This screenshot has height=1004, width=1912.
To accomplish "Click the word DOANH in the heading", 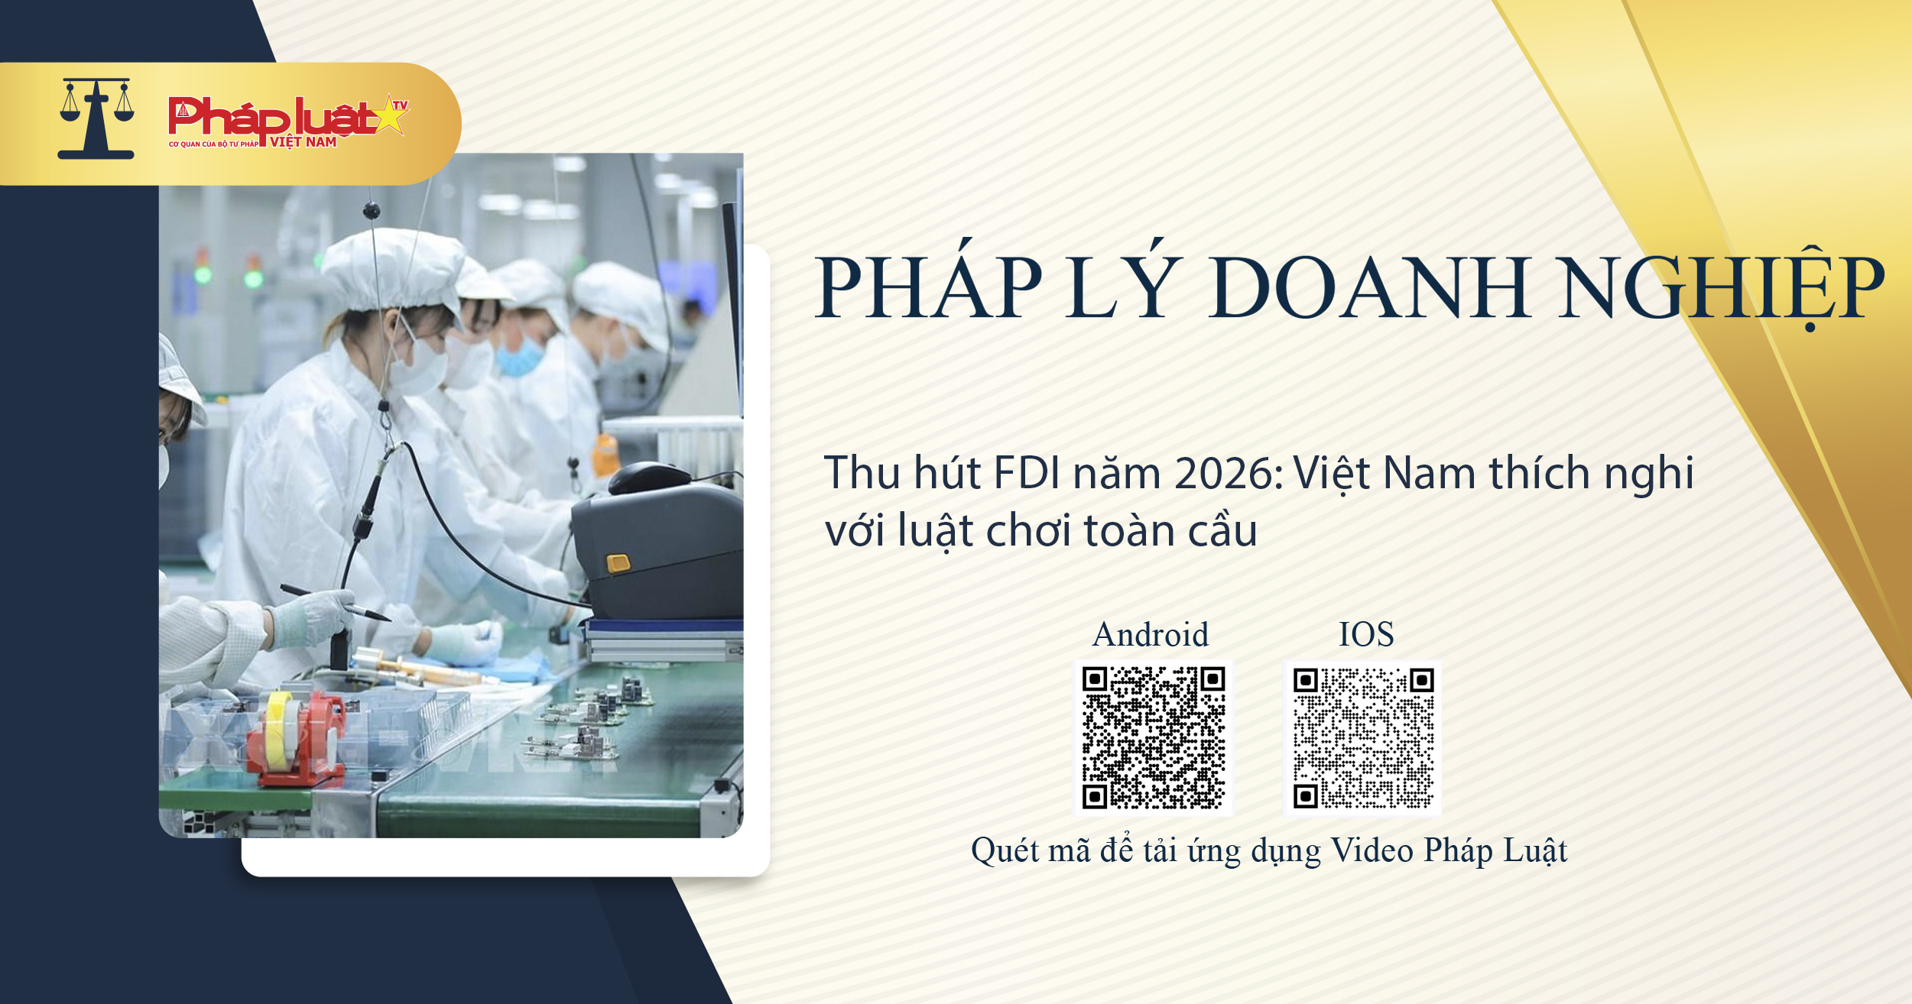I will pyautogui.click(x=1369, y=288).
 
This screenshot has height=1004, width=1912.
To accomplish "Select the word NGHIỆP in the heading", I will pyautogui.click(x=1723, y=288).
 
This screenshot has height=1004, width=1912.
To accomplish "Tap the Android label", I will pyautogui.click(x=1151, y=635).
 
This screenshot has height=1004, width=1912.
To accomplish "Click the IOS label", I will pyautogui.click(x=1366, y=635).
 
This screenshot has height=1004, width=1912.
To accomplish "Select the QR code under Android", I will pyautogui.click(x=1154, y=738).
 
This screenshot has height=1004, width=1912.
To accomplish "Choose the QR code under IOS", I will pyautogui.click(x=1363, y=738).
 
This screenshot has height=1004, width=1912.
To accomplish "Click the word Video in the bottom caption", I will pyautogui.click(x=1372, y=850).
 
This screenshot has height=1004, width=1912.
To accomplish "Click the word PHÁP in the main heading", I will pyautogui.click(x=929, y=288).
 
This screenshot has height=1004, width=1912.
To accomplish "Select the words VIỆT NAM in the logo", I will pyautogui.click(x=303, y=142).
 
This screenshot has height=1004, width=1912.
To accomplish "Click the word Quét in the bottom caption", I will pyautogui.click(x=1005, y=850).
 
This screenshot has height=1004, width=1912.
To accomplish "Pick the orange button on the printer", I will pyautogui.click(x=618, y=564).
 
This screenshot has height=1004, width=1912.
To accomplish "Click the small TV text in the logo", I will pyautogui.click(x=400, y=105).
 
